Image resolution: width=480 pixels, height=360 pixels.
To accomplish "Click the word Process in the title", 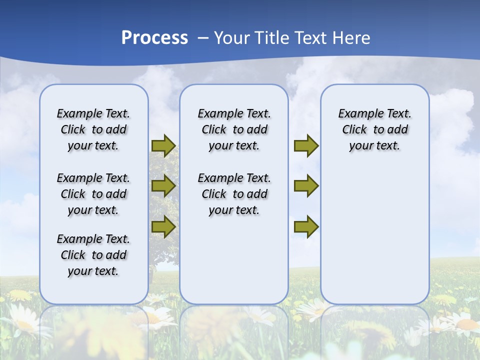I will [x=154, y=38].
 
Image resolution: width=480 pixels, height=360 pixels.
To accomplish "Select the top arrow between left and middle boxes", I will [x=163, y=145].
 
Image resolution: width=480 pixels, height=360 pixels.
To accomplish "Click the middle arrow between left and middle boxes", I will [x=163, y=186].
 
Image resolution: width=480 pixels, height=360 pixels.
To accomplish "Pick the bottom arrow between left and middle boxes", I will [x=163, y=226].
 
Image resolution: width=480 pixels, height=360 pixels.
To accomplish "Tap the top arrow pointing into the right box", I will [x=306, y=145].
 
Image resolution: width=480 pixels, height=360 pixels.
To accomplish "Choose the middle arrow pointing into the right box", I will [x=306, y=186].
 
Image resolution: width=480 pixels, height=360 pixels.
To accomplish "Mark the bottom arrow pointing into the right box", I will [x=306, y=226].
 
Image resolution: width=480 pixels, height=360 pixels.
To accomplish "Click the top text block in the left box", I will [x=93, y=129].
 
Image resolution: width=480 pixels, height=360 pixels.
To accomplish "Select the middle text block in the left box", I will [x=93, y=194].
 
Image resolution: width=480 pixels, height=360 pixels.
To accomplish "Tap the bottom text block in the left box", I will [x=93, y=255].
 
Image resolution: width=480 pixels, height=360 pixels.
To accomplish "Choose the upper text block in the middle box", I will [x=234, y=129].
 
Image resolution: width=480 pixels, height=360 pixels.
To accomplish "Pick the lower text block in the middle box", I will [x=234, y=194].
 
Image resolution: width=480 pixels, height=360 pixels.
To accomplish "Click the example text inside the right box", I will [x=374, y=129].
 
